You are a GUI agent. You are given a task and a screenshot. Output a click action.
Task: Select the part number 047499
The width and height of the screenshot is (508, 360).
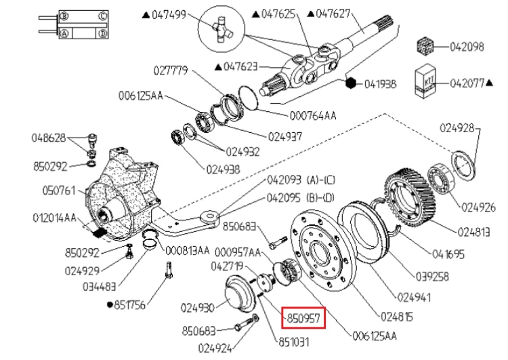tap(169, 13)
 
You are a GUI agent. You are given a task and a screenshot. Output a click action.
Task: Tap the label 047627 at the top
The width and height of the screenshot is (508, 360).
tap(335, 13)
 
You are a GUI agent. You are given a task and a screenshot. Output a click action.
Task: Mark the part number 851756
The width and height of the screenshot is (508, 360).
tap(131, 305)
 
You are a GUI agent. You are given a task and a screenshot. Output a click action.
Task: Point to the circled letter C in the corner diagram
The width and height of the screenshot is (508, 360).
tap(102, 15)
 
